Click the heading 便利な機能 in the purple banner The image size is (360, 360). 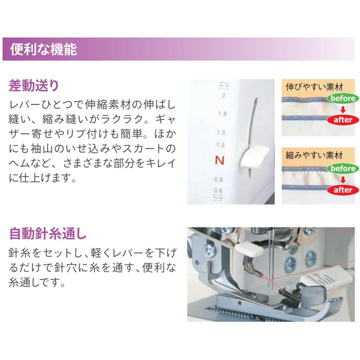(x=43, y=49)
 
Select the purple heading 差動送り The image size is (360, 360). (x=34, y=85)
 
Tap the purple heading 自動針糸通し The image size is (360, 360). (x=47, y=233)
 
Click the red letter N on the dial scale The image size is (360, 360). (x=218, y=160)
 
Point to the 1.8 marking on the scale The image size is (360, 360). (x=222, y=114)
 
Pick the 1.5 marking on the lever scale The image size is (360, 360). (x=221, y=133)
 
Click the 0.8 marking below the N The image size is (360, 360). (x=218, y=179)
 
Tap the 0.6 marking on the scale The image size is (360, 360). (x=218, y=190)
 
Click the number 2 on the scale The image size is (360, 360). (x=222, y=95)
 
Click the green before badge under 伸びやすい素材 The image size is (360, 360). (x=343, y=98)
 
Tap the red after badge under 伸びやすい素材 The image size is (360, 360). (x=343, y=120)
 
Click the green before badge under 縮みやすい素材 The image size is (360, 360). (x=343, y=168)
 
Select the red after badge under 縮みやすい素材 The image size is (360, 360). (x=343, y=190)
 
